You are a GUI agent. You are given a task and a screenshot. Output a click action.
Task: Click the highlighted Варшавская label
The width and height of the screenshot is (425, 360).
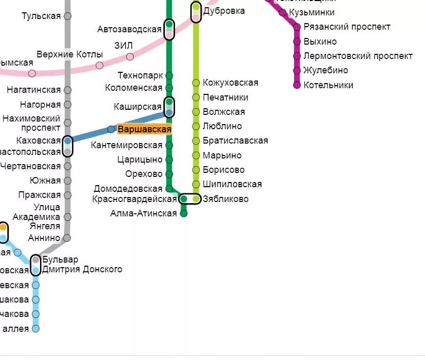click(x=144, y=129)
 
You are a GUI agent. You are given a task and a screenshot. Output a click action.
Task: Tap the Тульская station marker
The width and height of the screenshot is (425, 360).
click(x=67, y=16)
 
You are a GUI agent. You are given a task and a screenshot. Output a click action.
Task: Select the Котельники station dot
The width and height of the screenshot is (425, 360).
click(x=297, y=85)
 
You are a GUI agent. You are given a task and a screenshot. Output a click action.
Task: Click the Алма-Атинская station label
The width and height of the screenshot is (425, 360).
click(x=143, y=213)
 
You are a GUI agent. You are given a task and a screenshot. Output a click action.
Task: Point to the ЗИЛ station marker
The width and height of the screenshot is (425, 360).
click(x=130, y=56)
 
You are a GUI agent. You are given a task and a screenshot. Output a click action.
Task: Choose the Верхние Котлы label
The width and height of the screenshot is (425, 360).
click(x=70, y=54)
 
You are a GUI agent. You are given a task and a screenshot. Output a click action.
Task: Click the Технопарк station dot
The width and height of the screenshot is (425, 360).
click(x=169, y=75)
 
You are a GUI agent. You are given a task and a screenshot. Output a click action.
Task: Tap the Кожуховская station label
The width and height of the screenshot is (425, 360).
click(x=230, y=83)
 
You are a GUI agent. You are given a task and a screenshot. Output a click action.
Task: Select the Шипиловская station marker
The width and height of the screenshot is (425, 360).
click(x=196, y=184)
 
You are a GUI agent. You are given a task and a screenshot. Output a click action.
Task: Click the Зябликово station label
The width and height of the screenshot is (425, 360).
click(x=226, y=199)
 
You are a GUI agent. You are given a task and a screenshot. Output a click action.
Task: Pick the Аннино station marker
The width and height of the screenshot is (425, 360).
click(x=67, y=238)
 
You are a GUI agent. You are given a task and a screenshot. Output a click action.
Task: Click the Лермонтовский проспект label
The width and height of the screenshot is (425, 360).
click(x=358, y=56)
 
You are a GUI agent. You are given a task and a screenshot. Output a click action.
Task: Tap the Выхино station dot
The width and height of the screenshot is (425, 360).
click(x=297, y=42)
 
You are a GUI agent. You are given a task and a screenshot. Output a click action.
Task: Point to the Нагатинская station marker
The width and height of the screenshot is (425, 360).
click(x=67, y=90)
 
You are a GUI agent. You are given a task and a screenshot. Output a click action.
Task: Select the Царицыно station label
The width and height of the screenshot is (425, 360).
click(x=140, y=159)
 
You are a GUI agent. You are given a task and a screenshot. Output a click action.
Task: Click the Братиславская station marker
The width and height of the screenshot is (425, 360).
click(x=196, y=141)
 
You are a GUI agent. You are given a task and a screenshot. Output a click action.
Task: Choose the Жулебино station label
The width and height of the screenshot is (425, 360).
click(x=325, y=70)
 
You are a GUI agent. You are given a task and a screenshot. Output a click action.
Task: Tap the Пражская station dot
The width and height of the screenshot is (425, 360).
click(x=67, y=195)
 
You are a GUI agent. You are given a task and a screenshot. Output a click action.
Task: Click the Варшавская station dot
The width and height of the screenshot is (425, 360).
click(x=111, y=129)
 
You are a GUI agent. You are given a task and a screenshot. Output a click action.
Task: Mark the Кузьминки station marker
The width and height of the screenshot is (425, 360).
click(x=282, y=12)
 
